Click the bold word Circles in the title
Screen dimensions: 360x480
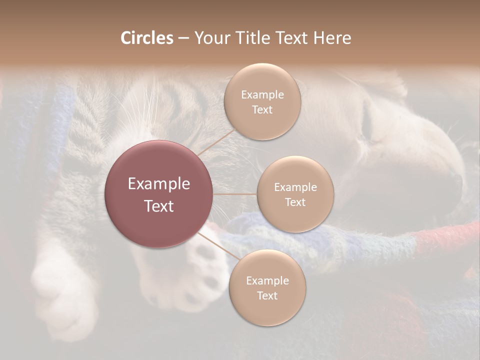tap(146, 38)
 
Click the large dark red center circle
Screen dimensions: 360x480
tap(159, 194)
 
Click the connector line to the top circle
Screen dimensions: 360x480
tap(216, 142)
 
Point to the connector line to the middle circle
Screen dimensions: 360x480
tap(235, 194)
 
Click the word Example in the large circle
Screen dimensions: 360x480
tap(159, 184)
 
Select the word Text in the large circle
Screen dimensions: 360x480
tap(159, 206)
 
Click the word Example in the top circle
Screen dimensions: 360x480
tap(262, 95)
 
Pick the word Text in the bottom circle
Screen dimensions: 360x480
tap(267, 295)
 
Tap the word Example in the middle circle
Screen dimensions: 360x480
tap(295, 187)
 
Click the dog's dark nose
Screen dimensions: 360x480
tap(456, 176)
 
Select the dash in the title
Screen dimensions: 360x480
tap(183, 38)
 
